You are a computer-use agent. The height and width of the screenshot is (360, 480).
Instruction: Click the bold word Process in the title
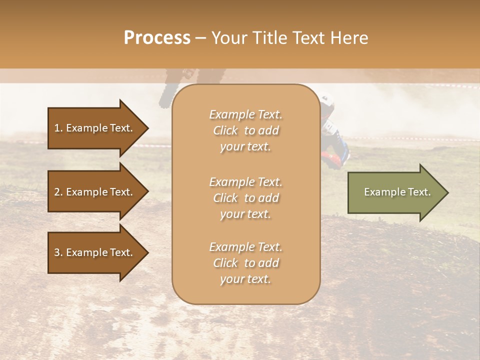click(x=157, y=38)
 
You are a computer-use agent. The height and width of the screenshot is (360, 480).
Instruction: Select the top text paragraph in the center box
click(x=245, y=130)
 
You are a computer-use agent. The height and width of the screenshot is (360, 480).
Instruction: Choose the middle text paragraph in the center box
click(x=245, y=198)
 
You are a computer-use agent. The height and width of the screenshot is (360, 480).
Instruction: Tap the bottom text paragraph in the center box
click(x=245, y=263)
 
